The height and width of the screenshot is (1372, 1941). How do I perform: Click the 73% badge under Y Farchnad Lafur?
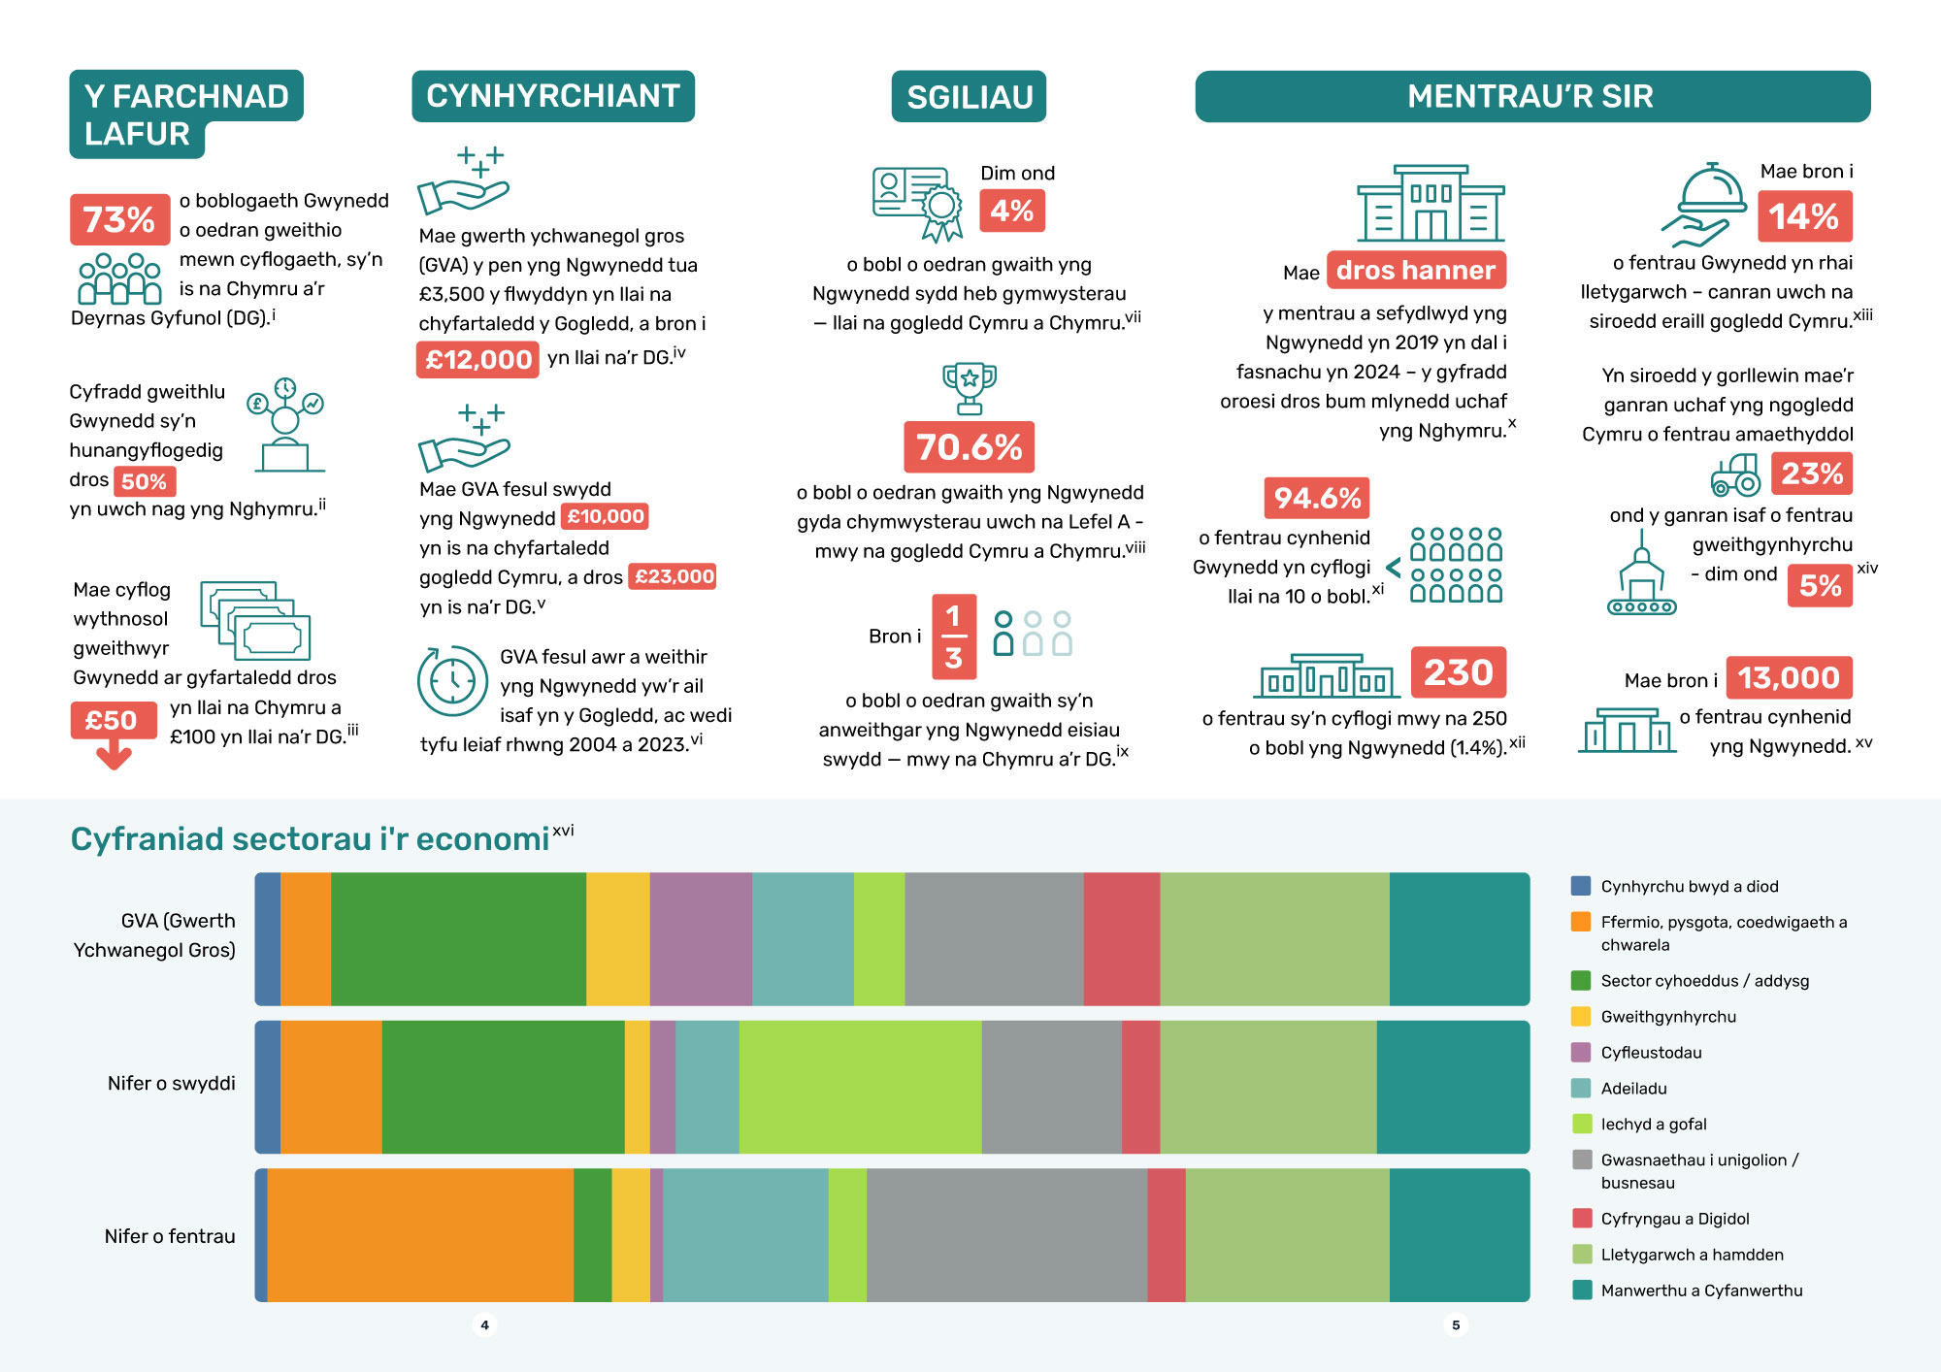click(x=119, y=219)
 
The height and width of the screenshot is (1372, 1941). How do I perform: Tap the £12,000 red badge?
click(x=477, y=360)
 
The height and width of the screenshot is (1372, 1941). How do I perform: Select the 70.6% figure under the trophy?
click(x=969, y=447)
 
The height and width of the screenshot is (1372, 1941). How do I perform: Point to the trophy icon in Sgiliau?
click(x=969, y=388)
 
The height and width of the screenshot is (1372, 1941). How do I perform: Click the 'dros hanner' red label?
click(x=1416, y=270)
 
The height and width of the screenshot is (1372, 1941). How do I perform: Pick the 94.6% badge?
click(x=1317, y=498)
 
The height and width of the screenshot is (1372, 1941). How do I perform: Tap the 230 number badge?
click(x=1459, y=671)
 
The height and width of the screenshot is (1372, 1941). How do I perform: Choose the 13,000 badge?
click(x=1789, y=677)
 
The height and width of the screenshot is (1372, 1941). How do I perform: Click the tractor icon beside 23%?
click(x=1735, y=474)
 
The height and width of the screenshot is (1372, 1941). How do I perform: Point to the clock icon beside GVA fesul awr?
click(x=452, y=680)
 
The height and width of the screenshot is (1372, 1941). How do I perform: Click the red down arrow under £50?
click(x=115, y=754)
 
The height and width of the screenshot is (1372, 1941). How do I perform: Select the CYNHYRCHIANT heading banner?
click(x=553, y=96)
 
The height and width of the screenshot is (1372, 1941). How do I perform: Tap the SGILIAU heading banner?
click(x=970, y=96)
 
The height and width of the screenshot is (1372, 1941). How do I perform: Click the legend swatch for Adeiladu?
click(x=1582, y=1088)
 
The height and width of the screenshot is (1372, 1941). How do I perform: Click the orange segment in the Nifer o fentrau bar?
click(x=420, y=1235)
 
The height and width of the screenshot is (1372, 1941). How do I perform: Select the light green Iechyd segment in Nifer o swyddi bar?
click(x=860, y=1087)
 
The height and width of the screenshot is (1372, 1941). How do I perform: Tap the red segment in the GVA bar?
click(x=1122, y=939)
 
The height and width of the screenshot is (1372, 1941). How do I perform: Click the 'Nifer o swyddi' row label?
click(x=172, y=1083)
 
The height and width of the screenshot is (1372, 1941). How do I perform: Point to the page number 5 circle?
click(x=1456, y=1324)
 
